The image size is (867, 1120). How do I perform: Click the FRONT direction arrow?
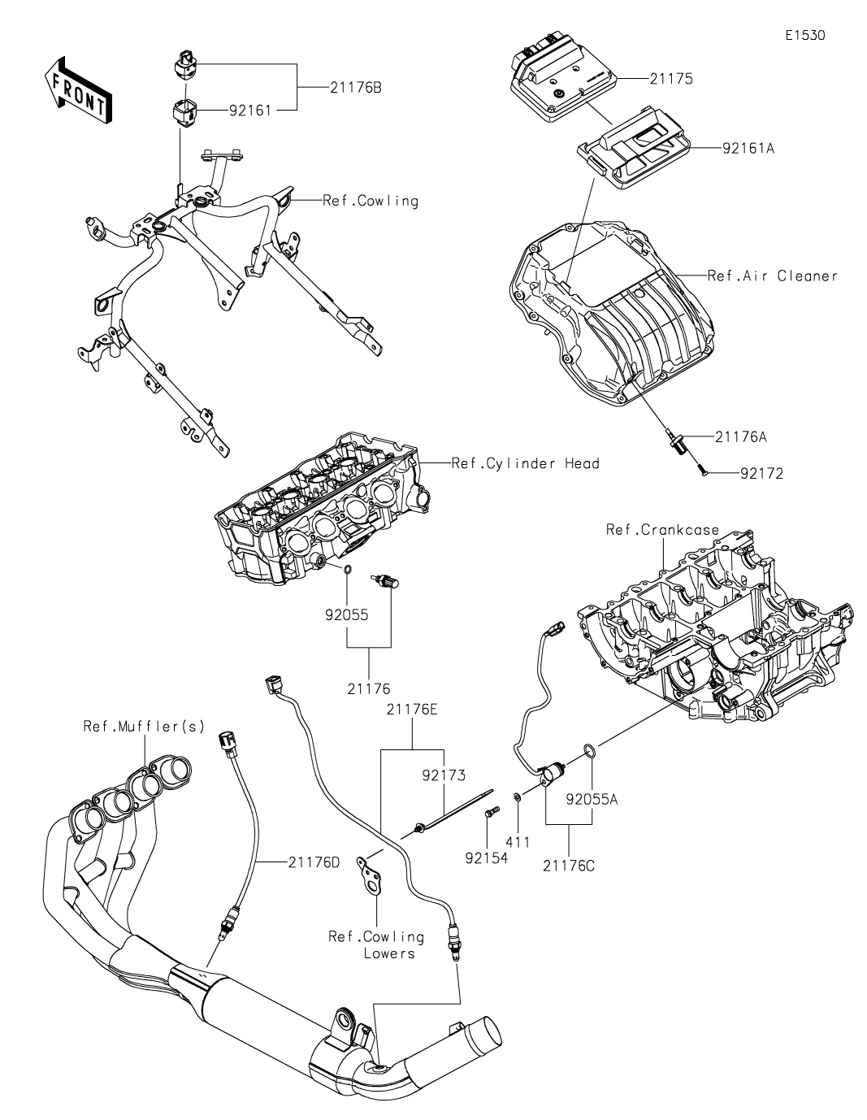(78, 91)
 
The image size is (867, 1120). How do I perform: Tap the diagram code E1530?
(804, 35)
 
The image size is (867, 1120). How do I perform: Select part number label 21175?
(671, 79)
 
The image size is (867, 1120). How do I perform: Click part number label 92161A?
(748, 149)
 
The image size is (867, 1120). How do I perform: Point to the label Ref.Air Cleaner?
(772, 276)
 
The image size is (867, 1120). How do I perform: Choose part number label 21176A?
(741, 437)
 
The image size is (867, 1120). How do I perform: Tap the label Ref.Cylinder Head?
(526, 463)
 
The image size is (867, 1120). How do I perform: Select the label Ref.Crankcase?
(662, 530)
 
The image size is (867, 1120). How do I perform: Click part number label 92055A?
(592, 799)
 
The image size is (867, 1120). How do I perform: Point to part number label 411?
(518, 842)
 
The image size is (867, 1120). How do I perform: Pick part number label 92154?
(486, 858)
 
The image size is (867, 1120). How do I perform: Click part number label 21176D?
(314, 862)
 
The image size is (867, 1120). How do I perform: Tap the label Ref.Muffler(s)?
(145, 727)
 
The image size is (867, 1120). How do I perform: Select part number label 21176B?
(356, 88)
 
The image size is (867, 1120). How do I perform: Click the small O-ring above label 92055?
(347, 570)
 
